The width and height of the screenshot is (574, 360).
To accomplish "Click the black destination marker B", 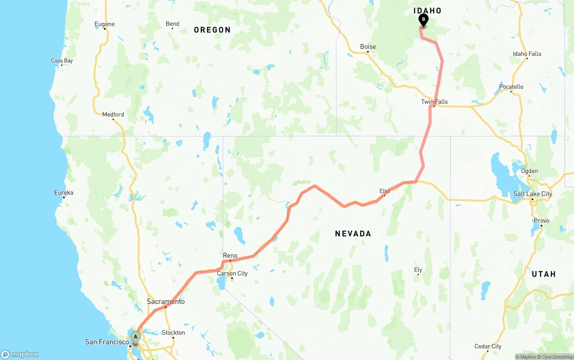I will (x=423, y=20).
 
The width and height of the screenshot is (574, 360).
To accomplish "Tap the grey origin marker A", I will (x=135, y=337).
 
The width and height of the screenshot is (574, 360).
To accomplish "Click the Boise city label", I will (x=368, y=47).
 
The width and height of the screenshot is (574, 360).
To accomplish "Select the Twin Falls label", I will (x=434, y=102).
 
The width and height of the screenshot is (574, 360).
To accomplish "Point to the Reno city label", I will (x=230, y=256).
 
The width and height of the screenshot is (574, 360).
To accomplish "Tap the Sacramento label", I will (x=165, y=301).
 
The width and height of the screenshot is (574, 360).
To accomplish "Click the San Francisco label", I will (x=107, y=342).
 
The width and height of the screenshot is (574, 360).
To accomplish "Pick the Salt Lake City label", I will (x=533, y=194).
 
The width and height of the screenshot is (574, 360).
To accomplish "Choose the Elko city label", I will (x=385, y=191).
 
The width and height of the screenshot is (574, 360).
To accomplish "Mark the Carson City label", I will (x=232, y=273).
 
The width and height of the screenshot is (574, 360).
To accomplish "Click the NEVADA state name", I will (x=353, y=234).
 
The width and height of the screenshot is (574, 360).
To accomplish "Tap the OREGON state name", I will (x=212, y=30).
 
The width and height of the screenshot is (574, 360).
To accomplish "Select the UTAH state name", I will (x=544, y=274).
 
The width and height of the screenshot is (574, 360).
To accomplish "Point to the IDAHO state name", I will (x=427, y=11).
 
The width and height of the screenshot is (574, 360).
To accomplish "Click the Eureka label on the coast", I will (x=64, y=193).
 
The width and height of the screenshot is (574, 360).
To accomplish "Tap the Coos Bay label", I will (x=62, y=61).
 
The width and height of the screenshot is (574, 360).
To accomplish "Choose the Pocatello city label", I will (x=511, y=87).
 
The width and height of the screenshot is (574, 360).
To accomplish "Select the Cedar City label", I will (x=488, y=346).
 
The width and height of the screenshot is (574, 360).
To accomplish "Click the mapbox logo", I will (x=20, y=355).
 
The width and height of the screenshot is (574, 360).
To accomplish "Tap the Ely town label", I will (x=418, y=269).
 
